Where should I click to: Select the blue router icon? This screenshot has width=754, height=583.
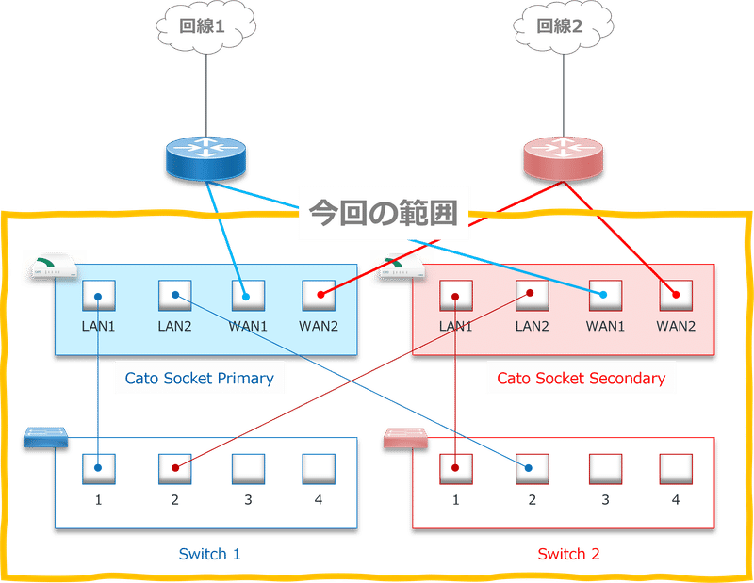(x=205, y=157)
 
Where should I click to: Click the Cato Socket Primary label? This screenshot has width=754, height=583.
(x=200, y=379)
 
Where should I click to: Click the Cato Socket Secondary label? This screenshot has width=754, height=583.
(x=581, y=379)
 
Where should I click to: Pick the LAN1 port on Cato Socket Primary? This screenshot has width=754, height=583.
(x=98, y=295)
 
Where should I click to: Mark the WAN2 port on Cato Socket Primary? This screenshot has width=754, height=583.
(x=319, y=295)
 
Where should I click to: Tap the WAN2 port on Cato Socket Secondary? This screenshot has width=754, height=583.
(x=676, y=295)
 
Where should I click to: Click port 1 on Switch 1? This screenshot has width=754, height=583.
(x=98, y=467)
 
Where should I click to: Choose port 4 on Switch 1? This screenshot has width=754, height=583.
(x=319, y=467)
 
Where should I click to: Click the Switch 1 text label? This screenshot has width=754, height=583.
(x=209, y=554)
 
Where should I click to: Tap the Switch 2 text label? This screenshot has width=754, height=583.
(x=568, y=554)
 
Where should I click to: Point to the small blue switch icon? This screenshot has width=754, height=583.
(x=47, y=437)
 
